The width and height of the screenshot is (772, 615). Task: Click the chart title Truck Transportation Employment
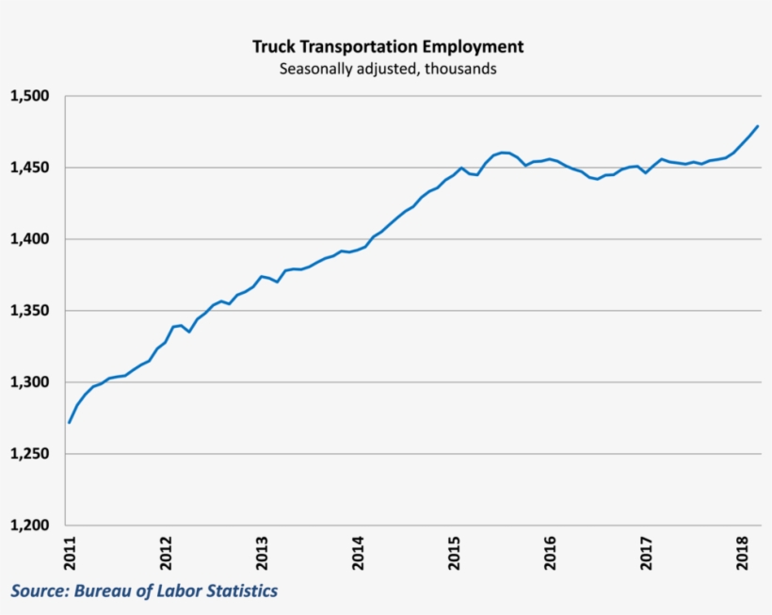pyautogui.click(x=387, y=46)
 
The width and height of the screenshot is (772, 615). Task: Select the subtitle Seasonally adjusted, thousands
pyautogui.click(x=387, y=69)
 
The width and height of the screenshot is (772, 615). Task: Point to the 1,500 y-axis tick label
pyautogui.click(x=29, y=96)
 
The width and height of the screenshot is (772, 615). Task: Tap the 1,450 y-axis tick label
pyautogui.click(x=29, y=168)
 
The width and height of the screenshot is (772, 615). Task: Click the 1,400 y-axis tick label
pyautogui.click(x=29, y=239)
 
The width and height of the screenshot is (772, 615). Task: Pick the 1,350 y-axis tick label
pyautogui.click(x=29, y=311)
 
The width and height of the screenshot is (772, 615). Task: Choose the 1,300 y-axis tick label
pyautogui.click(x=29, y=382)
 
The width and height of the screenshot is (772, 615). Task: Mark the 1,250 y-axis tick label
pyautogui.click(x=29, y=454)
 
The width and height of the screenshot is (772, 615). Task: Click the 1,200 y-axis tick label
pyautogui.click(x=29, y=526)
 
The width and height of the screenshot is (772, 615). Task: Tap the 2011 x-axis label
pyautogui.click(x=70, y=553)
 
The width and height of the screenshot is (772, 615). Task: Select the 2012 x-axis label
pyautogui.click(x=166, y=553)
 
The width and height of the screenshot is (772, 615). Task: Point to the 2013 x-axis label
pyautogui.click(x=262, y=553)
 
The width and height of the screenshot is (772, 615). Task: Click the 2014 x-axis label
pyautogui.click(x=358, y=553)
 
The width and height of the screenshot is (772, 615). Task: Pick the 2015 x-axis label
pyautogui.click(x=454, y=553)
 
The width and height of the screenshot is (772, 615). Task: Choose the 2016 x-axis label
pyautogui.click(x=550, y=553)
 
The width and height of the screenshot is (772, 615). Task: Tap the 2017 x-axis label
pyautogui.click(x=646, y=553)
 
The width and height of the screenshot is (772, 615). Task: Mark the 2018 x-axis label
pyautogui.click(x=742, y=553)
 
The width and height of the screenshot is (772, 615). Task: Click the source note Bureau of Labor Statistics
pyautogui.click(x=144, y=591)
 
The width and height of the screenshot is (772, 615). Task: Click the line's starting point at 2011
pyautogui.click(x=70, y=422)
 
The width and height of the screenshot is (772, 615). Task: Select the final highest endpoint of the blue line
pyautogui.click(x=758, y=126)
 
